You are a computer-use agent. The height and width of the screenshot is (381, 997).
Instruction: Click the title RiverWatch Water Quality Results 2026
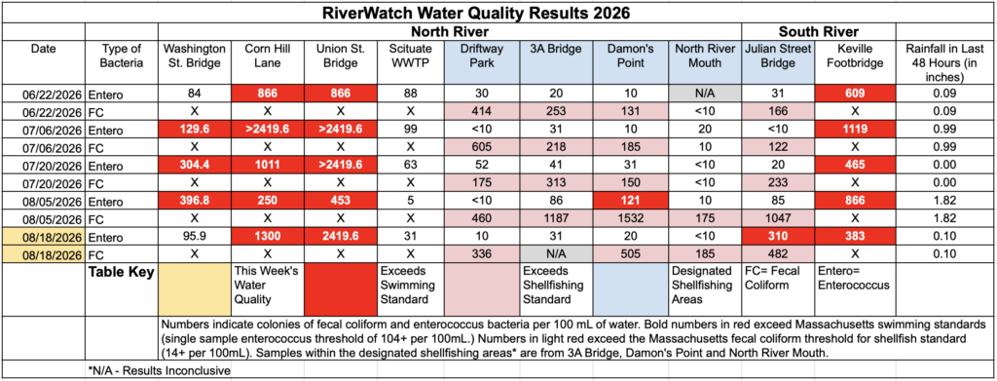(x=498, y=13)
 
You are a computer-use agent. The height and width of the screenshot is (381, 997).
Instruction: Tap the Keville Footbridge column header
(x=856, y=56)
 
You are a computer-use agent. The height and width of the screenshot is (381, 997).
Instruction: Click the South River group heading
(x=818, y=32)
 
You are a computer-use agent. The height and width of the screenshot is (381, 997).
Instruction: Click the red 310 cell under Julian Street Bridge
(x=779, y=237)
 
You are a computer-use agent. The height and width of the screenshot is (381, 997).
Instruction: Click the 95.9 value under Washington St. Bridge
(x=195, y=237)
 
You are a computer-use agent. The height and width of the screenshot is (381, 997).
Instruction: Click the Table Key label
(x=122, y=274)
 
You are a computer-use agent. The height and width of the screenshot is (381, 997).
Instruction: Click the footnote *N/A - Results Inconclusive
(x=159, y=370)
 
